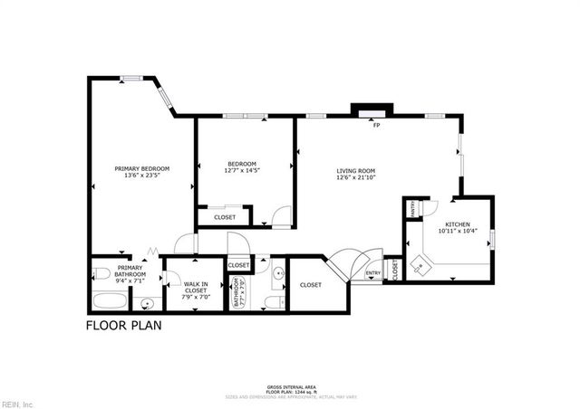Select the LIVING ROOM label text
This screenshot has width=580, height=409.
pos(356,175)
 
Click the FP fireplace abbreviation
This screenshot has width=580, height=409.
pos(375,125)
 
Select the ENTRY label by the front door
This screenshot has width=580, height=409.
pos(372,272)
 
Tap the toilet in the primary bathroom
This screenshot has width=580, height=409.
pos(101,273)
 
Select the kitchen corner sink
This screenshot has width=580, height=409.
pos(420,264)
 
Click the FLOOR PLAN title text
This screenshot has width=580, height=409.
pos(123,325)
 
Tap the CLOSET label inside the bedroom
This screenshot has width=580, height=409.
pos(224,217)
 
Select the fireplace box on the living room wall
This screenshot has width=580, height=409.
pos(372,112)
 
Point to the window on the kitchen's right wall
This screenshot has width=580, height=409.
pos(492,239)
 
